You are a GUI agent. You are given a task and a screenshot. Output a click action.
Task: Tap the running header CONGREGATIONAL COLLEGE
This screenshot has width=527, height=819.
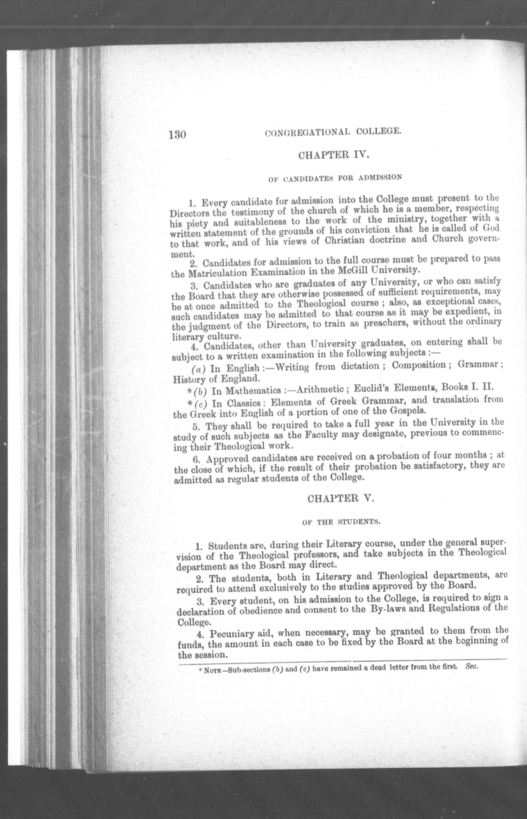[x=333, y=132]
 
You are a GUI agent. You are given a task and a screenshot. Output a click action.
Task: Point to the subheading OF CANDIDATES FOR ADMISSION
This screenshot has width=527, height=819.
[x=335, y=178]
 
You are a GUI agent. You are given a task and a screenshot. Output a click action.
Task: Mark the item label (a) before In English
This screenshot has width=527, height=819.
[x=198, y=369]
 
